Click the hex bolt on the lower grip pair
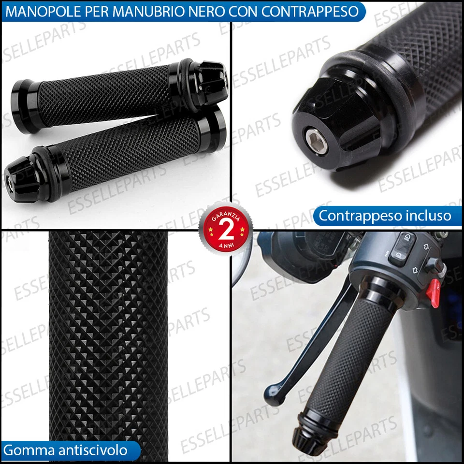9,184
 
